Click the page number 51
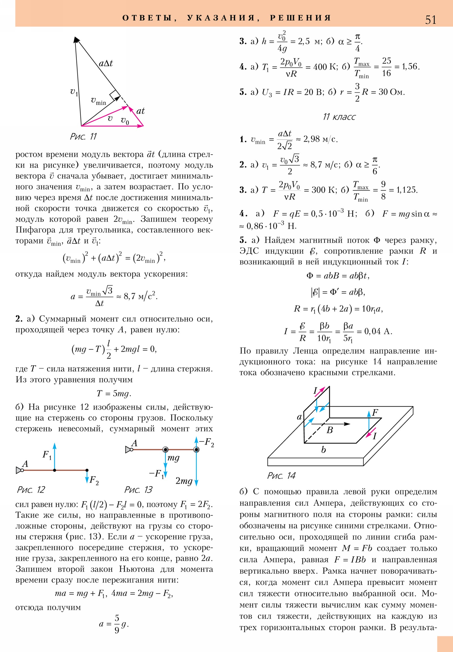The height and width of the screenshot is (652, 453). (430, 20)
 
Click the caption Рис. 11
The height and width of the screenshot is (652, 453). (84, 137)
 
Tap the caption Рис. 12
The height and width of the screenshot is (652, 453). (31, 490)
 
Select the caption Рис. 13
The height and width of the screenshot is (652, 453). (138, 490)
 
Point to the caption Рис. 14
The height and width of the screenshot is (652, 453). (281, 476)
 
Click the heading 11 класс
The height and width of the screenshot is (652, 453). (339, 117)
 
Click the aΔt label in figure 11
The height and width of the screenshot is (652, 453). (106, 63)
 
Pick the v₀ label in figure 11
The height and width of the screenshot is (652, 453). (125, 120)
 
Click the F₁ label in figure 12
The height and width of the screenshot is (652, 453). (47, 455)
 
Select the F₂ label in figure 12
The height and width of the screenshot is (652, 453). (94, 480)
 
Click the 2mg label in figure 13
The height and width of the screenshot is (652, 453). (184, 481)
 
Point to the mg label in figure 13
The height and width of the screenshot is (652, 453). (173, 458)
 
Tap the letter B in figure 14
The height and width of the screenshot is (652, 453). (330, 430)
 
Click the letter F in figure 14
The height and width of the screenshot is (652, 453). (375, 412)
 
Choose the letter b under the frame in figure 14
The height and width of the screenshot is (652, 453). (323, 450)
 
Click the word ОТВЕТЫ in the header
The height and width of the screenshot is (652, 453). (147, 18)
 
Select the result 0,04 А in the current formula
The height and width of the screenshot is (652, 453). (378, 331)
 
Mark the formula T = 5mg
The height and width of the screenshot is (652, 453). (114, 393)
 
